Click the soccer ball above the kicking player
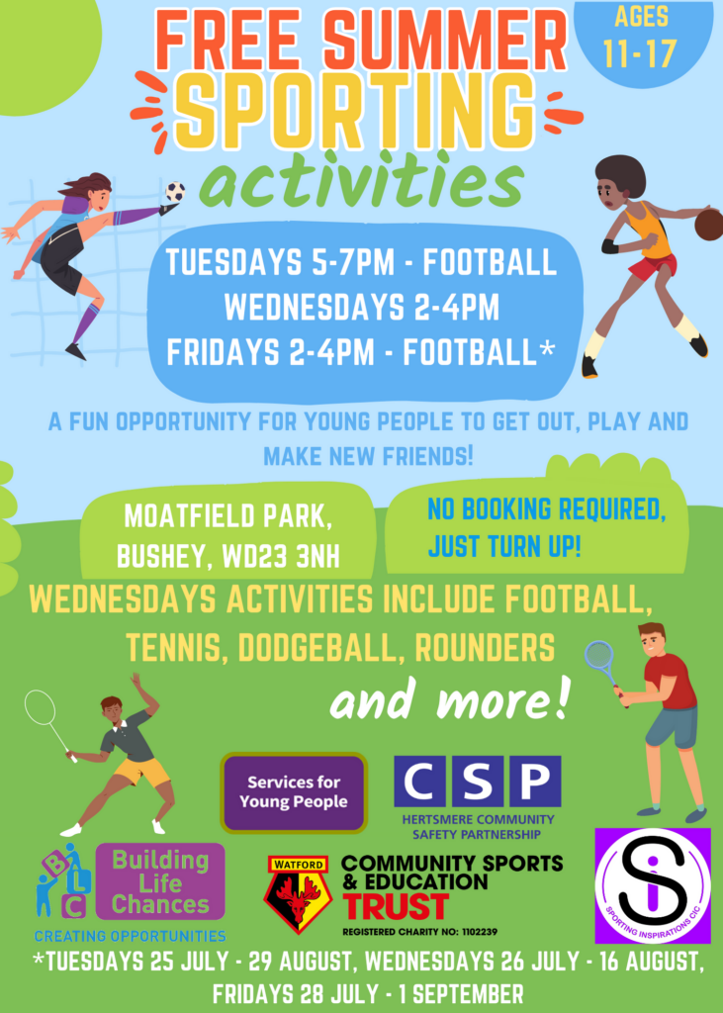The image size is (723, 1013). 174,191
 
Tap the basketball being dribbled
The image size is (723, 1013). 709,225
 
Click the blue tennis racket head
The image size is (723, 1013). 598,656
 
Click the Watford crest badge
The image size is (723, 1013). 298,894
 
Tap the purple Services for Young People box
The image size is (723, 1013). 294,792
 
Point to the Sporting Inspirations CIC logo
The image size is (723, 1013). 653,885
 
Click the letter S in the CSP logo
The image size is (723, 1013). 478,782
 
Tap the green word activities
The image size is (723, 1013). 362,182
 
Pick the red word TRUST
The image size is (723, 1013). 396,906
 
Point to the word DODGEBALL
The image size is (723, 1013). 319,647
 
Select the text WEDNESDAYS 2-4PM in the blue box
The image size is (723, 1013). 362,308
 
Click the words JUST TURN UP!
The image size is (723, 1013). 504,547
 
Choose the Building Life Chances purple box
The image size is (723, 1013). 160,881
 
